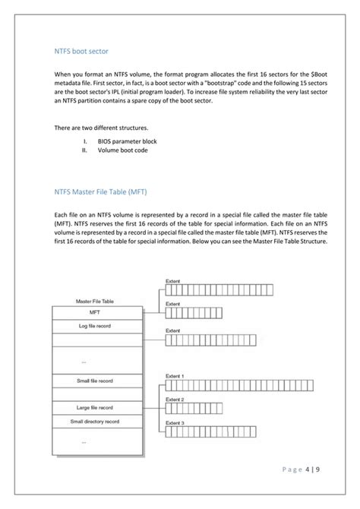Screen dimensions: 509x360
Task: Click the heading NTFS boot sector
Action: [x=81, y=51]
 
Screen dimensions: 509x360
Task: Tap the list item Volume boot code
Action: [x=123, y=150]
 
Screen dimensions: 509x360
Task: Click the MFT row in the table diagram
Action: [x=94, y=312]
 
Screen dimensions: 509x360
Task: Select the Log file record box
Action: [x=94, y=325]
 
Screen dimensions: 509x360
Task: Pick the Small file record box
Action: [x=94, y=381]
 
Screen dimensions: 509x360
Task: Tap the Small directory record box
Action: [x=94, y=421]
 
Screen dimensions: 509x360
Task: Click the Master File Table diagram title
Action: [x=94, y=301]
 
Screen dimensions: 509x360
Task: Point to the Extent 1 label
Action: [x=175, y=375]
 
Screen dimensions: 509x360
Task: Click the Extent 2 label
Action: [x=175, y=399]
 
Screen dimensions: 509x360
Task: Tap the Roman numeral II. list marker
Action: [x=85, y=150]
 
